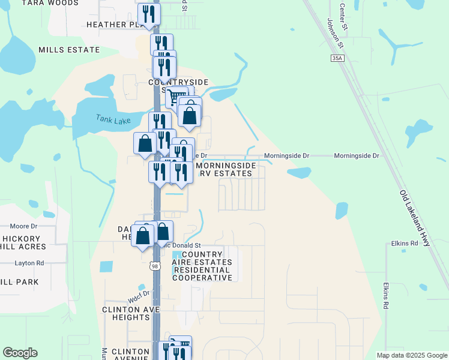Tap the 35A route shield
(x=338, y=58)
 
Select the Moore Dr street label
(x=23, y=226)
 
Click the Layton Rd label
(x=29, y=263)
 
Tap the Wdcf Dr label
(x=137, y=293)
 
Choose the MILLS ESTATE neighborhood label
(x=68, y=50)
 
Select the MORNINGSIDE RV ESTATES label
(x=226, y=169)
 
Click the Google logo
(x=20, y=353)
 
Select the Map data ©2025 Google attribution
(x=412, y=355)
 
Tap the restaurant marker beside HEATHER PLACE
(x=149, y=14)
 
